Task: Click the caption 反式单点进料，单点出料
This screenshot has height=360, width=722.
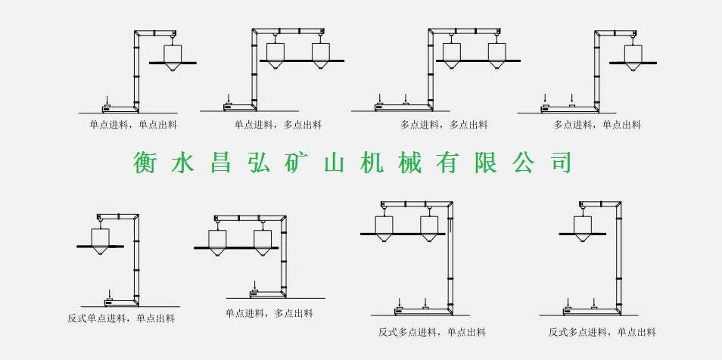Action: click(x=121, y=318)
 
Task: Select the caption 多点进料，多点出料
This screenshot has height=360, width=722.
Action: click(x=443, y=125)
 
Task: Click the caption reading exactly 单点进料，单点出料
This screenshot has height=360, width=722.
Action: click(x=133, y=125)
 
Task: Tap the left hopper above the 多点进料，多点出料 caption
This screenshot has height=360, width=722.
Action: click(x=452, y=54)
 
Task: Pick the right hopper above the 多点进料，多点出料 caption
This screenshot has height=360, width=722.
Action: click(x=496, y=54)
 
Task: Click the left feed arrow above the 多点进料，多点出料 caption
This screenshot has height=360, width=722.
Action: click(x=380, y=98)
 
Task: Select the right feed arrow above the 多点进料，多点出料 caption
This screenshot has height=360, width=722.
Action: click(x=406, y=98)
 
